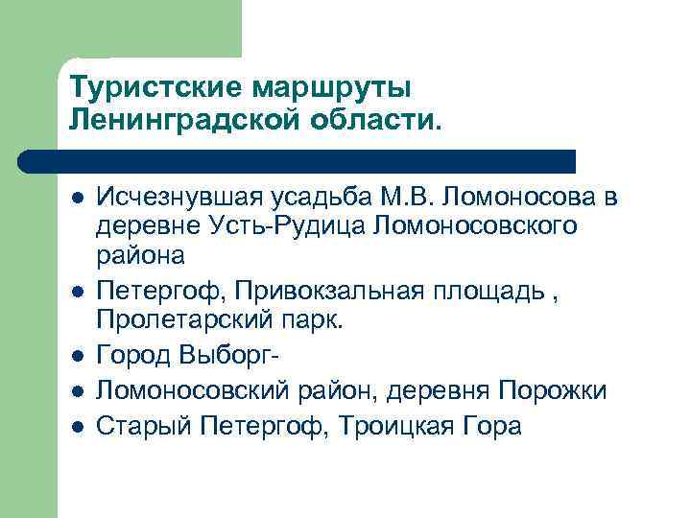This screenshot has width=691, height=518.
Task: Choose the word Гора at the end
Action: [x=493, y=425]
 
